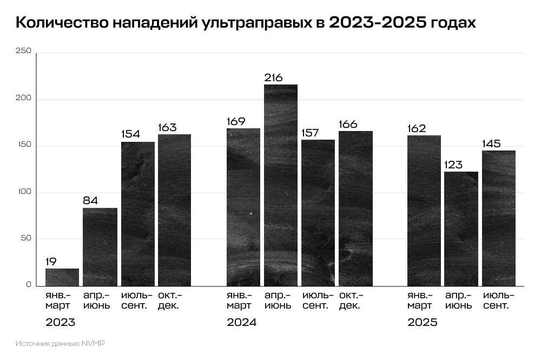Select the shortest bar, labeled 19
click(x=62, y=277)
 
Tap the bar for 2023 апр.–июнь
click(x=100, y=247)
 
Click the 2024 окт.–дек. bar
click(x=355, y=208)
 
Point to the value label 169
click(x=236, y=121)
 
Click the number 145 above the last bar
click(x=491, y=144)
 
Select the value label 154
click(x=130, y=135)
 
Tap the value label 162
click(x=417, y=129)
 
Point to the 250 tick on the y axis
click(x=24, y=51)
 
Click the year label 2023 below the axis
click(x=60, y=323)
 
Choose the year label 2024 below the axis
click(x=241, y=323)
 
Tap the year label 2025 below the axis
click(x=422, y=323)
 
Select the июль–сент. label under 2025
click(x=498, y=300)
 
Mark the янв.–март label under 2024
click(x=239, y=300)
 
